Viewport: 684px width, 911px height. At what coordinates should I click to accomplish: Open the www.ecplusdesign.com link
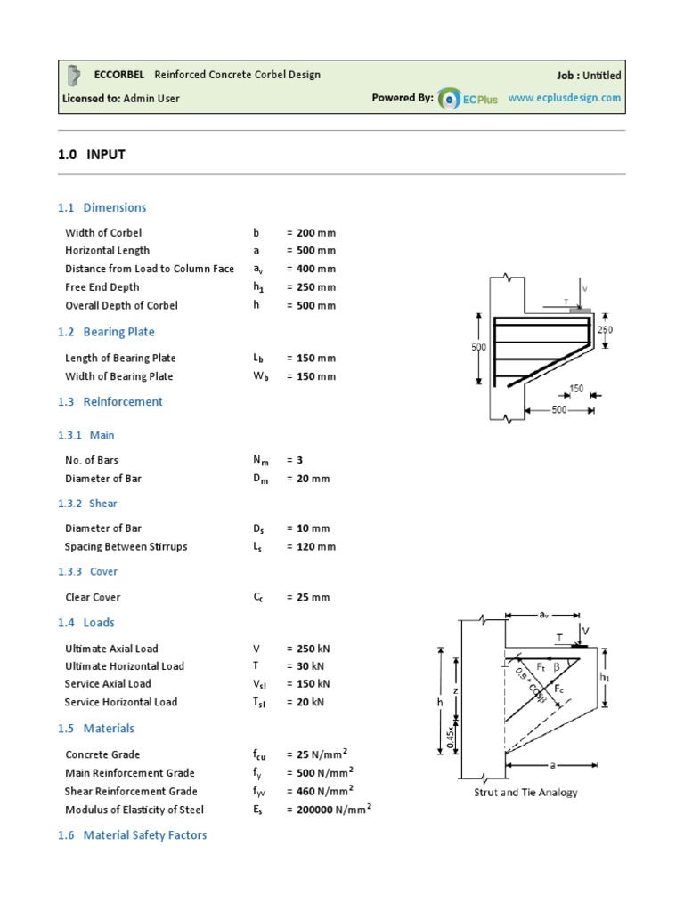(565, 98)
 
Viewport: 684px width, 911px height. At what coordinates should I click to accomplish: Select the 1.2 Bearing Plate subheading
(106, 332)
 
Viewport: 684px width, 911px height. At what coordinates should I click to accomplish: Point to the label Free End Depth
(102, 287)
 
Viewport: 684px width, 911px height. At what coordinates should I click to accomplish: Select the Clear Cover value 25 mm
(312, 598)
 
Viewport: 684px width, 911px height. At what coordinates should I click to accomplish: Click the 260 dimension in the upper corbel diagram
(606, 329)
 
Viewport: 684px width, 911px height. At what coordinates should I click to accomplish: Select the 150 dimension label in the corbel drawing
(577, 389)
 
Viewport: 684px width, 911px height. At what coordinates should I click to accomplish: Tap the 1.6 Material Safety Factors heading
(132, 835)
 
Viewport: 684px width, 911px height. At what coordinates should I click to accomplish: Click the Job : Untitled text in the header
(589, 76)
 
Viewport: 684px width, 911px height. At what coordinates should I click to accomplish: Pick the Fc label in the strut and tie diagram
(558, 689)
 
